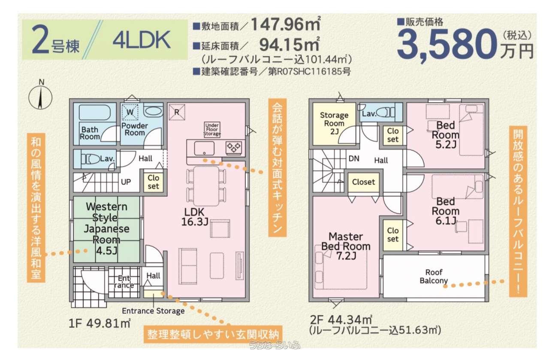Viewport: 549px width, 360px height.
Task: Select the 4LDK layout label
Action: tap(142, 40)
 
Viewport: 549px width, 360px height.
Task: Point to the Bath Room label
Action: tap(90, 133)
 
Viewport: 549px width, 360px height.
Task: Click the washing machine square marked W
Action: tap(130, 112)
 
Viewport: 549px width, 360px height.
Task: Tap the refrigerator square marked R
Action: tap(177, 112)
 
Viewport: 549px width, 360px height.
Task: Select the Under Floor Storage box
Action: tap(212, 129)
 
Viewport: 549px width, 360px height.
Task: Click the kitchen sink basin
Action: tap(204, 148)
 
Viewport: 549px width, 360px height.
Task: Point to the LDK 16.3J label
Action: tap(195, 217)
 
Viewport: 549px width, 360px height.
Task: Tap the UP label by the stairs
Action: tap(126, 182)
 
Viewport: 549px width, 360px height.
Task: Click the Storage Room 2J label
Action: tap(334, 123)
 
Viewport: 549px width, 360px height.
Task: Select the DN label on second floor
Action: tap(354, 159)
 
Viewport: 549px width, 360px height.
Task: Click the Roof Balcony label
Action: tap(434, 276)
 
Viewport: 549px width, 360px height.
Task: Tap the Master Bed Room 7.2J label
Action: tap(346, 246)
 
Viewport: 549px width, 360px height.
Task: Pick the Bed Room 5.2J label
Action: tap(446, 135)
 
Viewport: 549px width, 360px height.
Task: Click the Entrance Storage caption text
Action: tap(153, 311)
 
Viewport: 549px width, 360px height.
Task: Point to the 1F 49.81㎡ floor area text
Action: tap(99, 324)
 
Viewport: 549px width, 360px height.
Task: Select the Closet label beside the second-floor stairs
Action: tap(363, 182)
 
